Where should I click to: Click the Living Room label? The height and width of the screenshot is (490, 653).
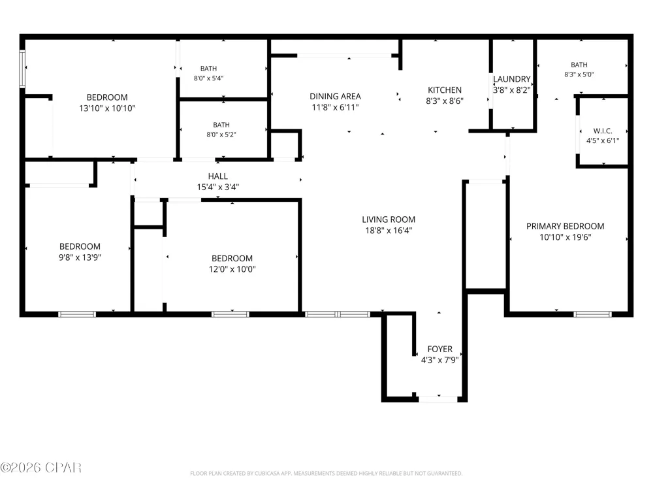pos(389,220)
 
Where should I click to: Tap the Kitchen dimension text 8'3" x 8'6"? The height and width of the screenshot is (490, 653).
pos(444,101)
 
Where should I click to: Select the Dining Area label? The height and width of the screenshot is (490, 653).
pos(335,96)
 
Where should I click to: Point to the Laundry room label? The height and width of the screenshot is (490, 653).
pos(512,79)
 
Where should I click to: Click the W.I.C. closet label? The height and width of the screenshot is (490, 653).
pos(603,131)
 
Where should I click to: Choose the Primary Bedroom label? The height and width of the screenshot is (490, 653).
pos(565,226)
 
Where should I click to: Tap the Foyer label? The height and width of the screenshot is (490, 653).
pos(439,349)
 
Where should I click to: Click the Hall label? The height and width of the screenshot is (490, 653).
pos(218,176)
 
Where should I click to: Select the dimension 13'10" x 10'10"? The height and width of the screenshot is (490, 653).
pos(107,108)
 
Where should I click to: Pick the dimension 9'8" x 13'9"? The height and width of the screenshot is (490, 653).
pos(80,257)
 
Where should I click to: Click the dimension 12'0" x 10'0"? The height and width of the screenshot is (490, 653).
pos(232,269)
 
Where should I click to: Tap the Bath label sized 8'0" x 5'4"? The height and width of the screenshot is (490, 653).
pos(208,69)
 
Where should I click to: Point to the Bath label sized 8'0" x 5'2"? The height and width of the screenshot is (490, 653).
pos(221,125)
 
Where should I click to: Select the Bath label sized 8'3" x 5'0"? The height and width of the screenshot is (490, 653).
pos(579,65)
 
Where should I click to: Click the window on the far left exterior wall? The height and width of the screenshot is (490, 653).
pos(22,69)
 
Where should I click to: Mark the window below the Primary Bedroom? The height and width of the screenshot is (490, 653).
pos(593,314)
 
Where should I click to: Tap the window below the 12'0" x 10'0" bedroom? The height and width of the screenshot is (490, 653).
pos(231,314)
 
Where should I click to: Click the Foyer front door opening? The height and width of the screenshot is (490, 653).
pos(438,399)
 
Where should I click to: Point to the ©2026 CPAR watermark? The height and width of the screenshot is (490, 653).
pos(40,468)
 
